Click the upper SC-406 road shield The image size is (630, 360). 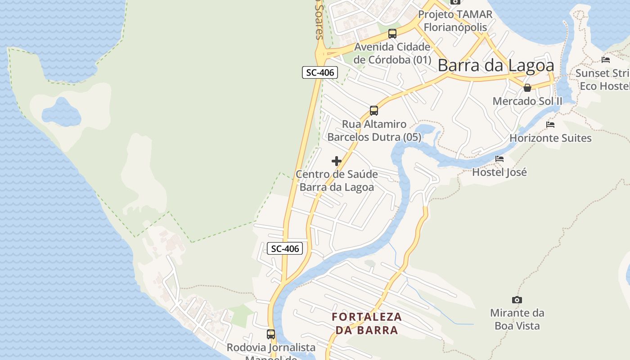[319, 72]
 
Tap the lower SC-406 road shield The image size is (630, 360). [284, 248]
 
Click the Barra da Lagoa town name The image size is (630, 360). [496, 66]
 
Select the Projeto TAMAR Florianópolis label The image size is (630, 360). [455, 21]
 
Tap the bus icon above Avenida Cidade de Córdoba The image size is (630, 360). [392, 33]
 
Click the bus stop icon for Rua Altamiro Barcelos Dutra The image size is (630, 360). [374, 110]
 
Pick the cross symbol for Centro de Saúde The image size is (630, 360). [337, 161]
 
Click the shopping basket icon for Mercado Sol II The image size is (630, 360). [527, 87]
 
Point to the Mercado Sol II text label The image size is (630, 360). [527, 101]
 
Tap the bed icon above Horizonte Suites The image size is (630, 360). [550, 125]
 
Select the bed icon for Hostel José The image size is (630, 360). [499, 159]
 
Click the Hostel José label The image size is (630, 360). [499, 172]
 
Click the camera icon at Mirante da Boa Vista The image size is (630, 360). [517, 300]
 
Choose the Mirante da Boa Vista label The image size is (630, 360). [517, 319]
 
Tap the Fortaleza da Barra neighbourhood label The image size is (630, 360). [367, 323]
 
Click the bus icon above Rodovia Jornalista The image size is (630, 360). [271, 334]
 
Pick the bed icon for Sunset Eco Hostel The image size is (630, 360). [606, 60]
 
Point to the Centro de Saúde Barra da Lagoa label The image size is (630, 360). [337, 180]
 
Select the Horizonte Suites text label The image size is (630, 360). [550, 138]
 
